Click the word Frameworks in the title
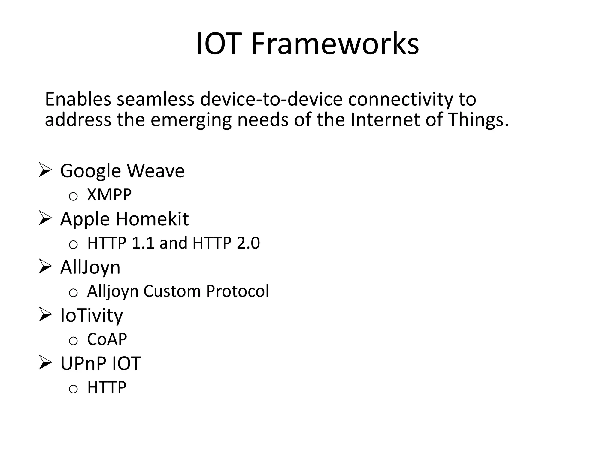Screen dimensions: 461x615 pyautogui.click(x=335, y=44)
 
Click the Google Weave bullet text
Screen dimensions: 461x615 pyautogui.click(x=122, y=171)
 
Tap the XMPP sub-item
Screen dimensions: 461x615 pyautogui.click(x=109, y=195)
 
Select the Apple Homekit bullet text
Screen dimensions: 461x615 pyautogui.click(x=124, y=219)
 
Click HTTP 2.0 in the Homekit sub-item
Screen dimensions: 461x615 pyautogui.click(x=226, y=243)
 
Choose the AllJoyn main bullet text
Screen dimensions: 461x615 pyautogui.click(x=90, y=267)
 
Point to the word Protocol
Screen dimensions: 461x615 pyautogui.click(x=238, y=291)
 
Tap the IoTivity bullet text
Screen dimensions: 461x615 pyautogui.click(x=92, y=315)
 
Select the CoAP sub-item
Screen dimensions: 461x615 pyautogui.click(x=107, y=339)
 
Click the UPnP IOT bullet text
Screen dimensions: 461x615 pyautogui.click(x=100, y=363)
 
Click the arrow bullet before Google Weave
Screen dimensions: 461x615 pyautogui.click(x=45, y=170)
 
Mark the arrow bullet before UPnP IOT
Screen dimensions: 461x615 pyautogui.click(x=45, y=363)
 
